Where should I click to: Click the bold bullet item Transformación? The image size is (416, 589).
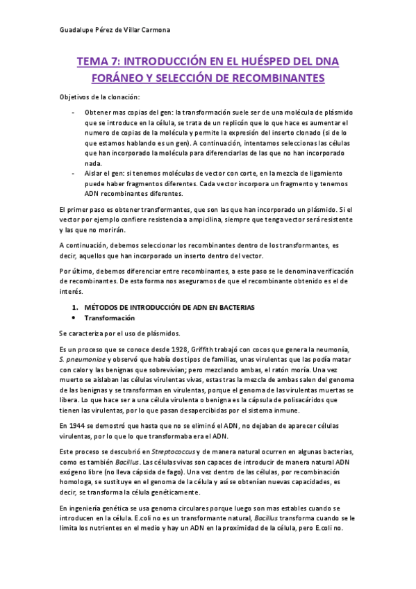(109, 317)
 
